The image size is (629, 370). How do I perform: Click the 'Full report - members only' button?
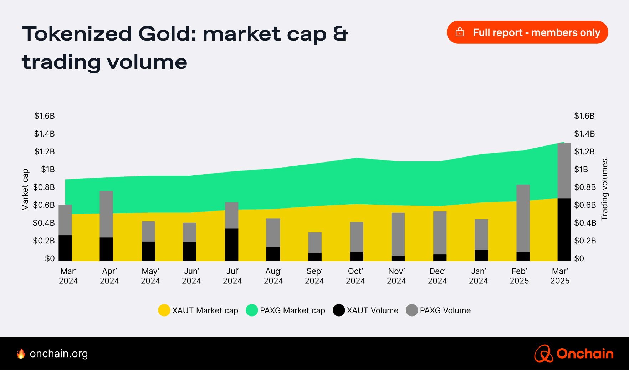tap(527, 32)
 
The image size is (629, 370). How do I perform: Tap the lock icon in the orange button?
tap(460, 32)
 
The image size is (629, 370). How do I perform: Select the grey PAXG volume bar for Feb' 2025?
tap(523, 217)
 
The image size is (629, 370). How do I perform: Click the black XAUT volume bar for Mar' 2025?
tap(564, 230)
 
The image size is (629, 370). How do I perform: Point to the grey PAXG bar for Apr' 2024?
tap(106, 214)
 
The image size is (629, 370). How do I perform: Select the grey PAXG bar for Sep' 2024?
tap(314, 242)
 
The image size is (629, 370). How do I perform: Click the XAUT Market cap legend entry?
tap(198, 310)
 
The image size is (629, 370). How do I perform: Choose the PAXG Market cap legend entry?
tap(286, 310)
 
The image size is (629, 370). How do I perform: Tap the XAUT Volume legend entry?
tap(365, 310)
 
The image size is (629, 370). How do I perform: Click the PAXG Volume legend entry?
tap(438, 310)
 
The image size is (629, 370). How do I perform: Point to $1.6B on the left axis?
tap(45, 116)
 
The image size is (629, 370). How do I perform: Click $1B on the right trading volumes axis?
tap(581, 169)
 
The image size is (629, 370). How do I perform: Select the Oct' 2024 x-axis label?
tap(355, 276)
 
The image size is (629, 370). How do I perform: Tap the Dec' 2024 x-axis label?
tap(437, 276)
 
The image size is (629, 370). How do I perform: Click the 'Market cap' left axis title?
tap(25, 190)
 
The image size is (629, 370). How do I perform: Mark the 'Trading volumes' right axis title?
tap(604, 190)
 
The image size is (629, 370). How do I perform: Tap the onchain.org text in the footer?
tap(58, 354)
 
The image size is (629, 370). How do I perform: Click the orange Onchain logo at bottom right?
tap(574, 354)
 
